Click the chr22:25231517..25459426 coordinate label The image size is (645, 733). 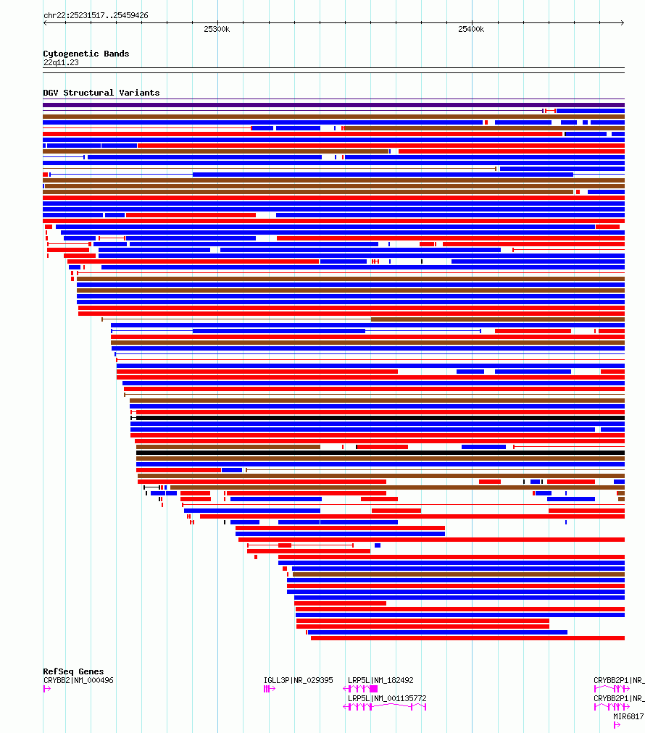click(x=96, y=15)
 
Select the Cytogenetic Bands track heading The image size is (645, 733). click(x=86, y=54)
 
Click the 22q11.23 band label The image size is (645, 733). click(x=61, y=62)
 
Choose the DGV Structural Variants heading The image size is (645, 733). click(x=101, y=93)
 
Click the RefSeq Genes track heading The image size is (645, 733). click(x=73, y=671)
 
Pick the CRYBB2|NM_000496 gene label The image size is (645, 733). click(x=78, y=680)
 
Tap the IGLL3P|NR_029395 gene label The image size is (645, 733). click(x=298, y=680)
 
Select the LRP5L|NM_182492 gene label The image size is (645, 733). click(x=380, y=680)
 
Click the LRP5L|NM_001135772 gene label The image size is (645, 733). click(x=387, y=698)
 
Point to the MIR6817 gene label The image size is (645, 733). click(x=628, y=716)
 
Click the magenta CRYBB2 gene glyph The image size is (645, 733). click(x=46, y=689)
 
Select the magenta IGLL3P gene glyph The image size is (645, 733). click(x=269, y=689)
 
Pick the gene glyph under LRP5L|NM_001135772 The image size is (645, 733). click(x=384, y=707)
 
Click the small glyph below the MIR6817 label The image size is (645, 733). click(x=617, y=724)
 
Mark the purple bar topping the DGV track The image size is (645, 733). click(x=333, y=105)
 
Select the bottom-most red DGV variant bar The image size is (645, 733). click(x=467, y=638)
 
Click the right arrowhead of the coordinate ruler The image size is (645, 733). click(x=623, y=22)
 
